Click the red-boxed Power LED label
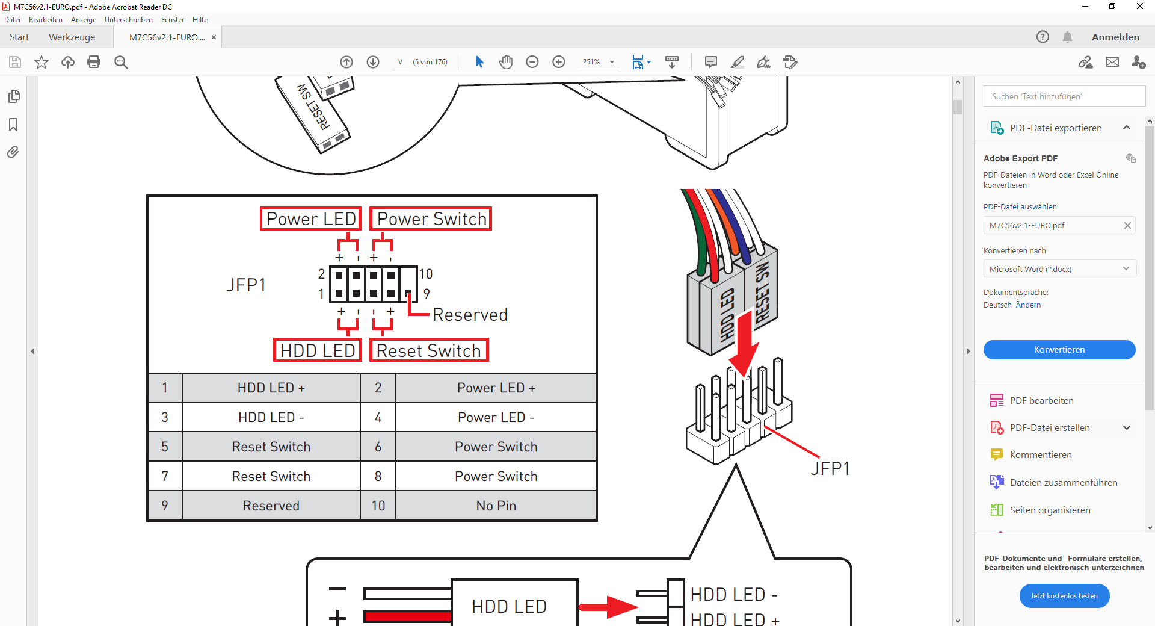coord(310,218)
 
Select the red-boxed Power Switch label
coord(431,218)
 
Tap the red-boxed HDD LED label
coord(317,350)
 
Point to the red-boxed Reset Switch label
coord(429,350)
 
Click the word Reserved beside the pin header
coord(470,315)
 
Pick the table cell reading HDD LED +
coord(271,388)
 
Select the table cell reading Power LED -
coord(496,417)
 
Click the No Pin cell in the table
coord(496,506)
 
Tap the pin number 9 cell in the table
coord(165,506)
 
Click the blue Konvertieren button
coord(1059,350)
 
